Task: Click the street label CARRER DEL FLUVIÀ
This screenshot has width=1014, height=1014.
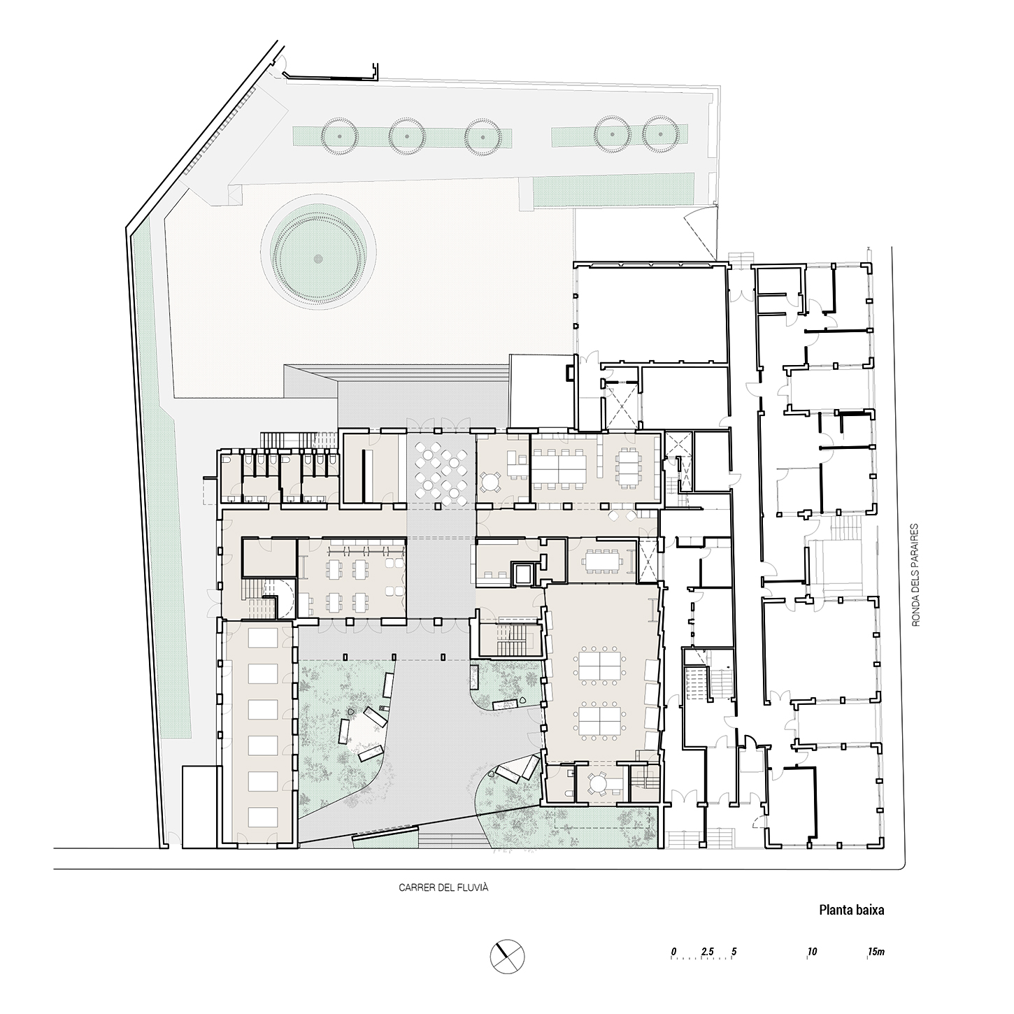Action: point(443,887)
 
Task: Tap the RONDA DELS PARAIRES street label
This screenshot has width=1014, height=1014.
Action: point(915,575)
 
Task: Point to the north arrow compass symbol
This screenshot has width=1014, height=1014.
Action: point(507,957)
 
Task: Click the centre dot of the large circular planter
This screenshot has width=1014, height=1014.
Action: point(317,258)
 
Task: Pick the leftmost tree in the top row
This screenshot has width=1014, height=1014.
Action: point(339,136)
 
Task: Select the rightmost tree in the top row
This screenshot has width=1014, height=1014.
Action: point(661,134)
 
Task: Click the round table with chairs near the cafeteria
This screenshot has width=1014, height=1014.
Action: point(490,481)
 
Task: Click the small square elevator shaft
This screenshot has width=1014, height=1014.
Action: point(522,574)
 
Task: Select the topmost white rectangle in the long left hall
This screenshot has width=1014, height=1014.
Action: point(262,638)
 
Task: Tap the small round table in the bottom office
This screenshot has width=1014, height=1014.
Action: point(598,783)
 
